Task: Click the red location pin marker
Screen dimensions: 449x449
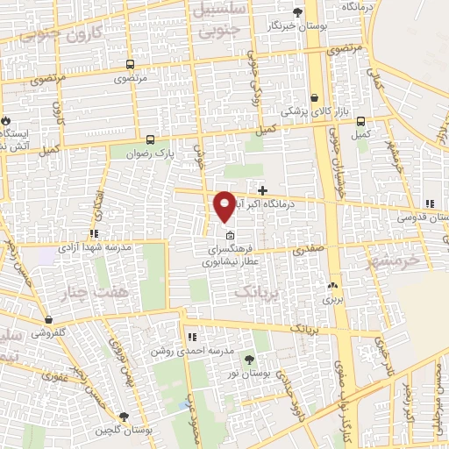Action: [224, 205]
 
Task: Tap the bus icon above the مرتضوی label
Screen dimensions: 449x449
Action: [130, 64]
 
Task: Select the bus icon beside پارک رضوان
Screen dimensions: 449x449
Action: [150, 139]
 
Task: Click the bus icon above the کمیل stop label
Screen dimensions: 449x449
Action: [360, 121]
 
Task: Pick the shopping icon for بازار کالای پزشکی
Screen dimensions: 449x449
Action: [314, 98]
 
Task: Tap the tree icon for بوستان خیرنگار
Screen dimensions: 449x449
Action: [297, 12]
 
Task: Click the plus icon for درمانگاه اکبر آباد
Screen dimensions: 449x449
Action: [262, 190]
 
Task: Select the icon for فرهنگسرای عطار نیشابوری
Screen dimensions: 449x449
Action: [230, 235]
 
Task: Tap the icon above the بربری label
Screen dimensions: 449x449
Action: [331, 286]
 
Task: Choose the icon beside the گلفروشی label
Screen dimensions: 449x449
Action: [47, 320]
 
